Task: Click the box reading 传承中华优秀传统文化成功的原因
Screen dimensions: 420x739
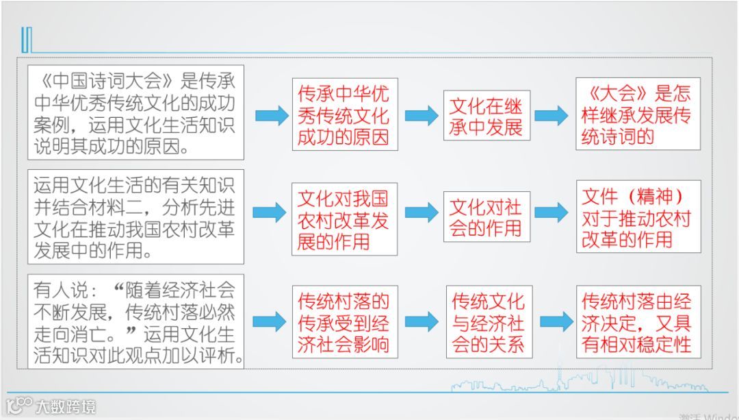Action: pos(343,114)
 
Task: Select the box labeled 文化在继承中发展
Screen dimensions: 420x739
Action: pos(486,116)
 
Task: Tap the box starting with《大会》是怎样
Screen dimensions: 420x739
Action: pos(638,114)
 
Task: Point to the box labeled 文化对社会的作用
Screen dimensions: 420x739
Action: pos(486,217)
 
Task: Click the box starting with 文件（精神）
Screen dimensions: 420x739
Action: pos(638,217)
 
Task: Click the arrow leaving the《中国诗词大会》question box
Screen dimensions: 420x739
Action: pos(272,115)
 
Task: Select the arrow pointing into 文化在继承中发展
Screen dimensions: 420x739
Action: pos(421,115)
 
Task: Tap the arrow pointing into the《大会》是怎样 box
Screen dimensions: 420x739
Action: pos(551,115)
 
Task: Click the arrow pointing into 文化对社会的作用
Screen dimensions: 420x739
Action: pos(421,212)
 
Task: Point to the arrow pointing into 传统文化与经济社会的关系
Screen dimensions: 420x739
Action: pos(421,321)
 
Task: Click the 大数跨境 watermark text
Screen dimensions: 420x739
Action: pos(65,406)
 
